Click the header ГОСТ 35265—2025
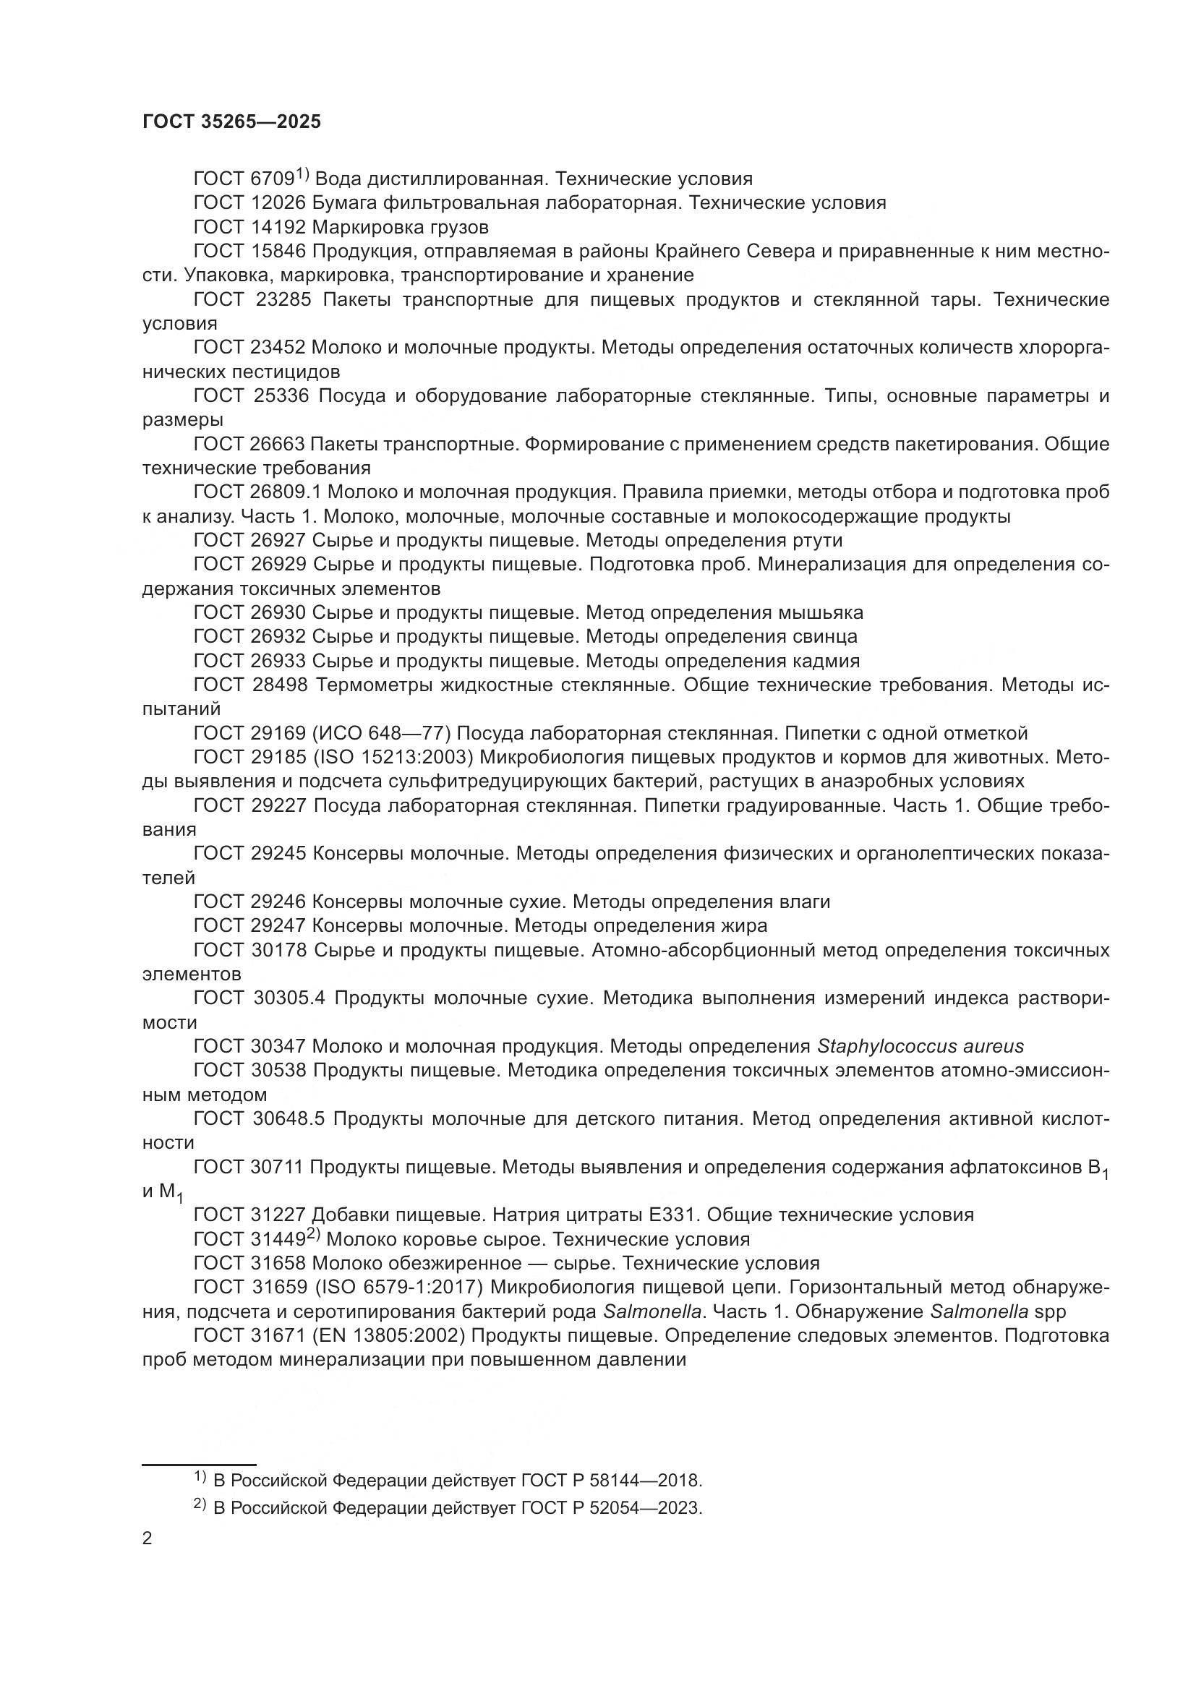coord(231,122)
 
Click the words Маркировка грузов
coord(401,227)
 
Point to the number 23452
coord(279,348)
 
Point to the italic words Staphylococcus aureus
coord(921,1047)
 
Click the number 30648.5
coord(289,1118)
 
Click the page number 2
coord(148,1538)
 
